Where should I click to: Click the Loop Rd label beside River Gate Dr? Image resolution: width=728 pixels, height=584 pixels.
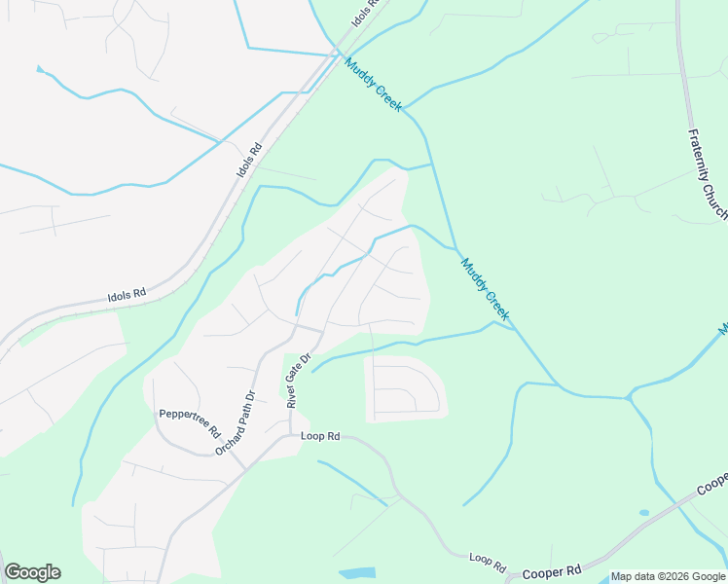[320, 436]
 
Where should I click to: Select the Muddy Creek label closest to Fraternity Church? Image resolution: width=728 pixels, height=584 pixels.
[485, 289]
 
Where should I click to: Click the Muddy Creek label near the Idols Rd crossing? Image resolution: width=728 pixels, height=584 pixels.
[373, 84]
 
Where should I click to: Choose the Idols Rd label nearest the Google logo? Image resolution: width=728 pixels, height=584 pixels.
[126, 292]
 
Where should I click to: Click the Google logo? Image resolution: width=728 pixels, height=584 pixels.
[32, 572]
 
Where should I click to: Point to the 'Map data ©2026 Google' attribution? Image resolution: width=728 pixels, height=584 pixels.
[668, 577]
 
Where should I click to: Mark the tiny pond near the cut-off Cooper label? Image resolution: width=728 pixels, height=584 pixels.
[643, 512]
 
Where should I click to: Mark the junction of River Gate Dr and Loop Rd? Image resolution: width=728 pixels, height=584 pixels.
[290, 435]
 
